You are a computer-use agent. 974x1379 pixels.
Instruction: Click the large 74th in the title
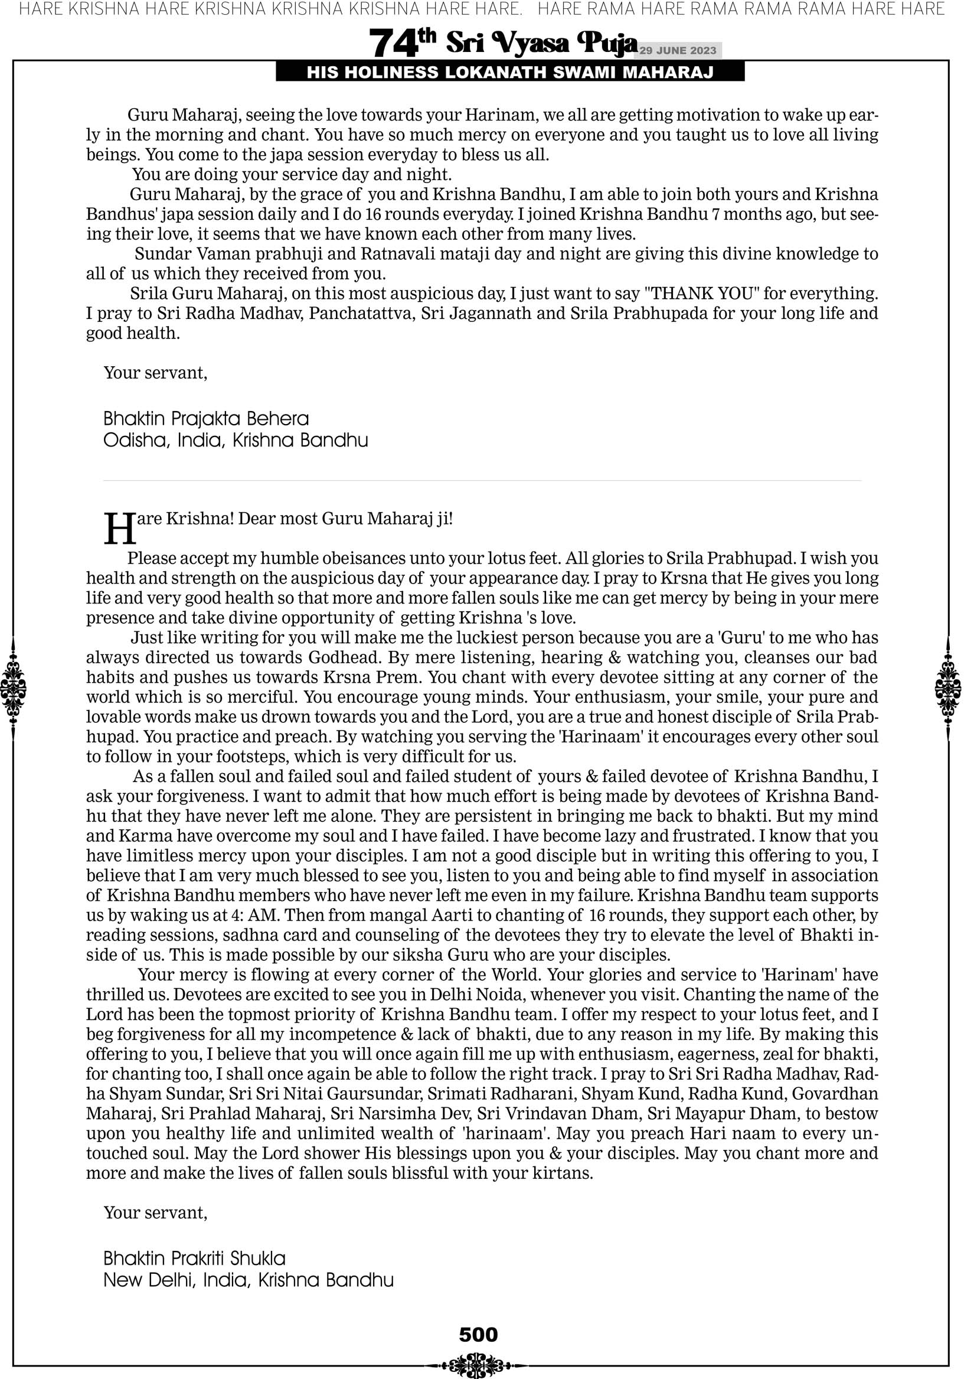pos(402,43)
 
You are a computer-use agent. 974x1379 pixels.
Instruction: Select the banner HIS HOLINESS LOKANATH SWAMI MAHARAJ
pos(510,73)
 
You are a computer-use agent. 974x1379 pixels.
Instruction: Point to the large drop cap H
pos(120,529)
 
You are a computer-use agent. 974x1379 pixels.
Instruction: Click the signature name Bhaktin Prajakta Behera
pos(206,419)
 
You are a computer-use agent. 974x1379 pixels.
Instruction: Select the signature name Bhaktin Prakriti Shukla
pos(194,1259)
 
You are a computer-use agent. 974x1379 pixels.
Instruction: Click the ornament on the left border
pos(13,688)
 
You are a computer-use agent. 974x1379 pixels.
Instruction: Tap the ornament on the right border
pos(948,688)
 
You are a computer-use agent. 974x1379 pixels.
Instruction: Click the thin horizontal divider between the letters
pos(482,481)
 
